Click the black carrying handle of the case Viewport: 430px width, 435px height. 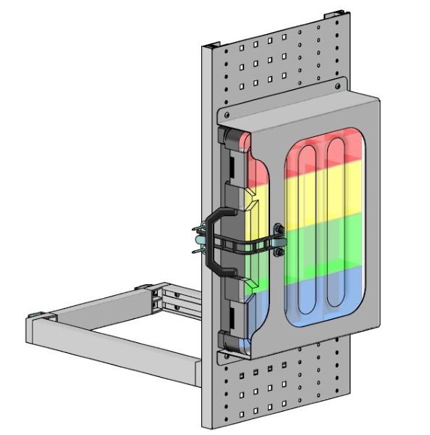pyautogui.click(x=211, y=242)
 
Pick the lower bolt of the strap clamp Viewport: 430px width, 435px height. pyautogui.click(x=278, y=252)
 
